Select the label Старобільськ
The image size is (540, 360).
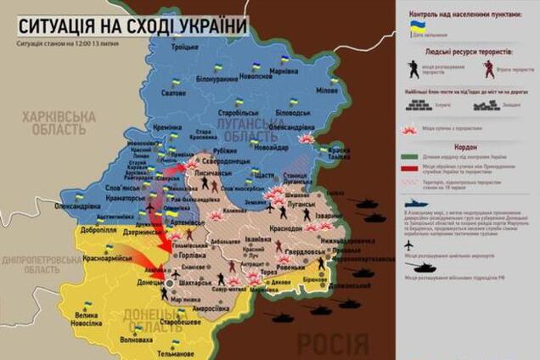pos(237,111)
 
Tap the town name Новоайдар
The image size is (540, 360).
pos(266,148)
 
